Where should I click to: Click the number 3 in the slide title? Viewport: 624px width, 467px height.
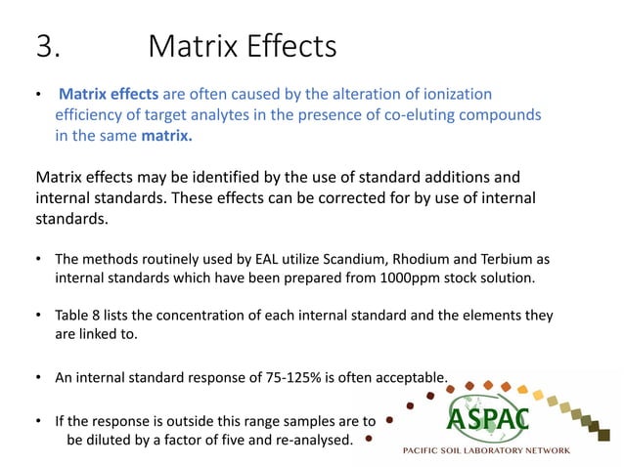point(45,47)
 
